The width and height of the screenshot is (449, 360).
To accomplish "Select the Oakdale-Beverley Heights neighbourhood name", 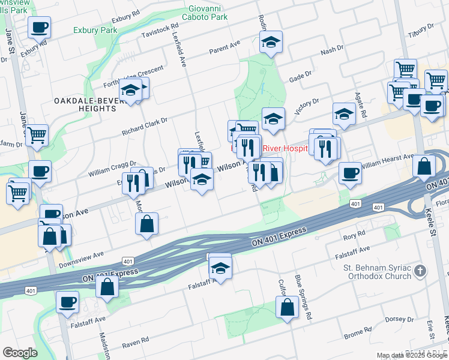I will pyautogui.click(x=83, y=104).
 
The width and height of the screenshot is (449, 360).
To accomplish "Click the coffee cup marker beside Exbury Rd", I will pyautogui.click(x=39, y=28).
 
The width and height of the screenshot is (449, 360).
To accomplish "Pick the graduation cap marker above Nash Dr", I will pyautogui.click(x=271, y=43).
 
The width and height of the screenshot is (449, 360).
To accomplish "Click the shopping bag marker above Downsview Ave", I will pyautogui.click(x=147, y=225).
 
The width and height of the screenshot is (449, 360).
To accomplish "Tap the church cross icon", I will pyautogui.click(x=421, y=271).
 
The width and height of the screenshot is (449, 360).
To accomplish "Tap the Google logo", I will pyautogui.click(x=20, y=353).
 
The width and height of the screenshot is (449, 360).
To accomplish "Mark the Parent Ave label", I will pyautogui.click(x=224, y=47).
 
